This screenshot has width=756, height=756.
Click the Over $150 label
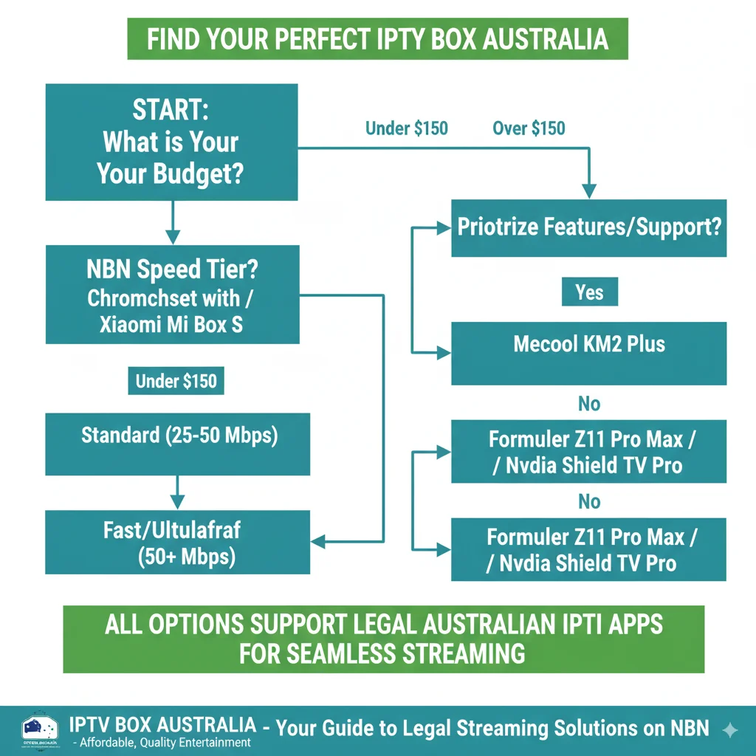pos(529,128)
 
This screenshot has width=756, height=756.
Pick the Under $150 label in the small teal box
pos(176,381)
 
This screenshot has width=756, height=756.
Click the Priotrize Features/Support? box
pos(588,227)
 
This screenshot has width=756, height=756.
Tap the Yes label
pos(589,292)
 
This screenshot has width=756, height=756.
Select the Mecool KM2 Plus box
pos(588,344)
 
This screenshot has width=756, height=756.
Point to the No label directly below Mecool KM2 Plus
pos(589,404)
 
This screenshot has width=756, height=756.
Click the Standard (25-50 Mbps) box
pos(179,436)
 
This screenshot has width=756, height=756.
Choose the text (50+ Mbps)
pos(187,556)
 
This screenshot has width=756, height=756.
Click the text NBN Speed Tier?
pos(172,269)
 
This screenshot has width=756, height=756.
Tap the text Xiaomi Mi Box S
pos(171,324)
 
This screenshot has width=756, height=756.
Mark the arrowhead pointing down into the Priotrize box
pos(588,190)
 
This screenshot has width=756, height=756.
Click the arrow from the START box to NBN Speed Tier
pos(172,222)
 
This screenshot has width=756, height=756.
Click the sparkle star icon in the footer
pos(729,730)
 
